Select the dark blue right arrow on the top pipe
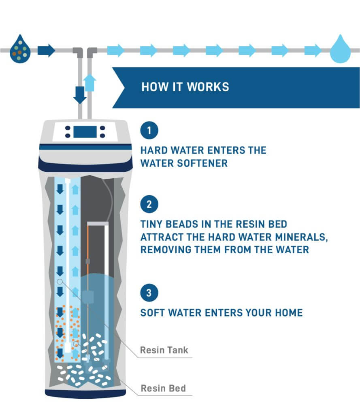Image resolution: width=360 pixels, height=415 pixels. (46, 51)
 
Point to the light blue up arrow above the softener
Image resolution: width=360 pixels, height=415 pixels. (89, 83)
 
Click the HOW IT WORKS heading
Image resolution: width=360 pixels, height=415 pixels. (185, 87)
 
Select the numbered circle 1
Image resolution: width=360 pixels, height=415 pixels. (149, 131)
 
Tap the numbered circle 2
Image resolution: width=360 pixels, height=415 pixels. (149, 204)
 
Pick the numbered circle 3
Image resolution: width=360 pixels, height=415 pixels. (149, 293)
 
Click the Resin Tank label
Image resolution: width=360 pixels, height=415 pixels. (164, 350)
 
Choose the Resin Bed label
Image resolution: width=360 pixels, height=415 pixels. (163, 388)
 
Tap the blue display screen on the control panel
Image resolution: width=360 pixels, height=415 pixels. (85, 132)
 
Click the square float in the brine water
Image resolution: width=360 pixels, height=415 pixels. (87, 297)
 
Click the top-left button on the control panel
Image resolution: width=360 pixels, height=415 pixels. (67, 128)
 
